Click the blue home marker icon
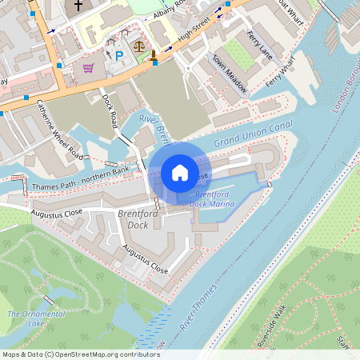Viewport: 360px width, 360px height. click(180, 172)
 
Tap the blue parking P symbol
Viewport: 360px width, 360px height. click(119, 56)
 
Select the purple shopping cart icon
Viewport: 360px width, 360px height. click(88, 68)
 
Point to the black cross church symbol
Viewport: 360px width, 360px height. click(78, 6)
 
